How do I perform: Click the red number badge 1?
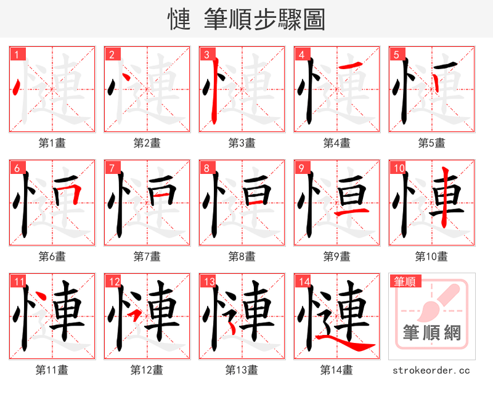coord(16,54)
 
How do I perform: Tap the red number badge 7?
coord(111,168)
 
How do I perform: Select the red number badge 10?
coord(397,168)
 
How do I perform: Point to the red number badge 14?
coord(303,282)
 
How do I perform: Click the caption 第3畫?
coord(242,143)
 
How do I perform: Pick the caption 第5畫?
coord(431,143)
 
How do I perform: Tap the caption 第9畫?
coord(336,256)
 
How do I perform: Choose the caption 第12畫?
coord(147,370)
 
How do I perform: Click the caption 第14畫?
coord(336,370)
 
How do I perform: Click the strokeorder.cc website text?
coord(431,370)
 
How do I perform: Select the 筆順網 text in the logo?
coord(431,333)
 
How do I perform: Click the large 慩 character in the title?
coord(179,20)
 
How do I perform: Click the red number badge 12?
coord(113,282)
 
